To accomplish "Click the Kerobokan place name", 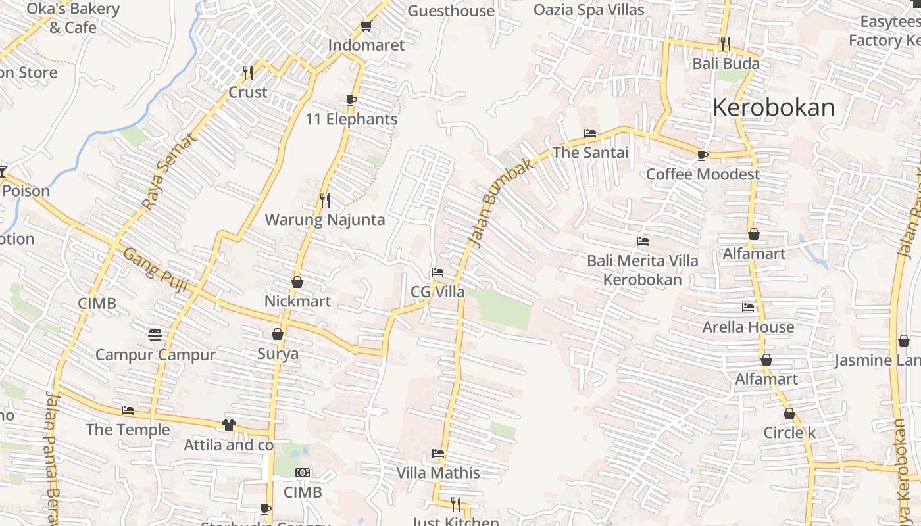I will click(x=774, y=107).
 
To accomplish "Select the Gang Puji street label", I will click(x=156, y=270).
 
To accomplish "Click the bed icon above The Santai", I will click(x=590, y=133).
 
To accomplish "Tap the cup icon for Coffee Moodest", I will click(x=703, y=155).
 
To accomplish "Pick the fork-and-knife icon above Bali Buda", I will click(x=726, y=44).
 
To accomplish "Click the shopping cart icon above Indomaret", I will click(x=366, y=26).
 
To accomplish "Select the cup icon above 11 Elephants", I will click(x=351, y=100).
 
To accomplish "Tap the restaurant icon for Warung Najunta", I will click(x=324, y=200).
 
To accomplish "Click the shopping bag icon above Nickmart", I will click(x=297, y=282).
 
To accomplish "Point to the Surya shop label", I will click(x=278, y=354).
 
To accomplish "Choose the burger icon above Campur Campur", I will click(x=155, y=335).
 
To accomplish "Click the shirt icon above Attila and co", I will click(x=228, y=425).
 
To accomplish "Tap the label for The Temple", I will click(x=128, y=430).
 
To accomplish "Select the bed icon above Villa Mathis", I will click(x=438, y=454).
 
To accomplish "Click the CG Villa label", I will click(x=437, y=292).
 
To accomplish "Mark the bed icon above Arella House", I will click(x=748, y=307).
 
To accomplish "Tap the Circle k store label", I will click(x=789, y=433).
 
